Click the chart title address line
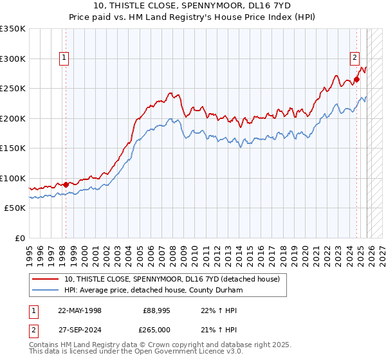pyautogui.click(x=192, y=6)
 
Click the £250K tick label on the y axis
pyautogui.click(x=13, y=89)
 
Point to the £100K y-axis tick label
pyautogui.click(x=13, y=178)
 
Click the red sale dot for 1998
pyautogui.click(x=66, y=184)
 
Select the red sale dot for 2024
pyautogui.click(x=356, y=80)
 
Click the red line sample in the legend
pyautogui.click(x=46, y=279)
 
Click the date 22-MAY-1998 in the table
pyautogui.click(x=80, y=310)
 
